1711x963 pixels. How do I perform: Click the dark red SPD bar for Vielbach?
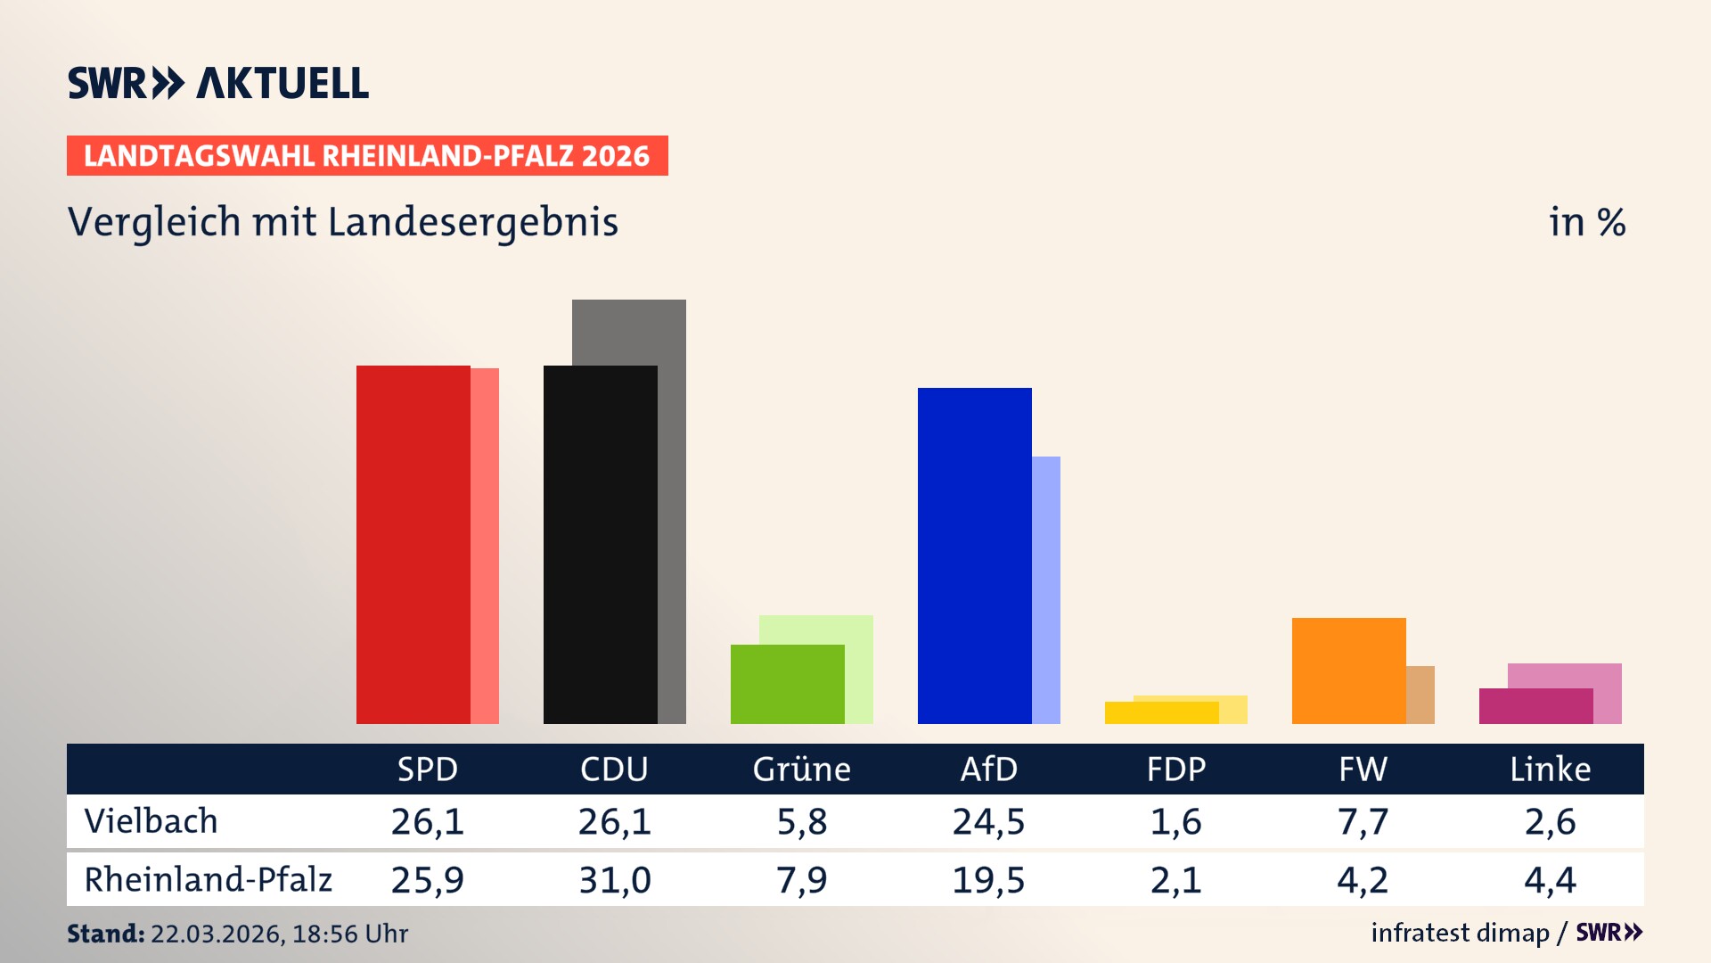413,544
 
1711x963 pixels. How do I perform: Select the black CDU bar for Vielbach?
600,544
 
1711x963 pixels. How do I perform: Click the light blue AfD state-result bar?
1046,588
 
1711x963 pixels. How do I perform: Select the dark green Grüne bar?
787,684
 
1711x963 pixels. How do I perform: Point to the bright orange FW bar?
1348,671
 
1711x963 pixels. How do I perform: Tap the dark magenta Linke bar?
1535,705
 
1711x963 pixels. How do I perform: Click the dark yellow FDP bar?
1161,712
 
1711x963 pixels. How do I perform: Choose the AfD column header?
988,769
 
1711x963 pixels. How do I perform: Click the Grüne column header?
801,769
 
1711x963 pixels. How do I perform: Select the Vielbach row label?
151,821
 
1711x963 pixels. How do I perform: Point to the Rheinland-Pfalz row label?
208,879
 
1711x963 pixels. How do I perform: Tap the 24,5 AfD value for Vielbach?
988,821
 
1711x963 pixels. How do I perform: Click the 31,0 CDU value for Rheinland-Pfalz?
614,880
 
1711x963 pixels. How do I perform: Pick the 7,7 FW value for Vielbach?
1363,821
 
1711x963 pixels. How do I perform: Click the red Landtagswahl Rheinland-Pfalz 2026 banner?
367,155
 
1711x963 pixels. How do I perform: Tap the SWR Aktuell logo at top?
218,83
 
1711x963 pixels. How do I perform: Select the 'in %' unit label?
1586,222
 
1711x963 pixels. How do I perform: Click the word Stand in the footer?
105,934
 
